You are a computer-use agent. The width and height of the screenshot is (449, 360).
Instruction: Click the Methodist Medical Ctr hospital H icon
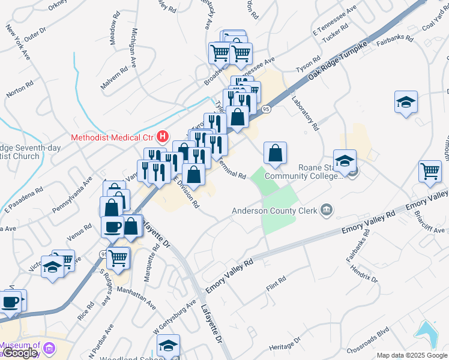click(161, 136)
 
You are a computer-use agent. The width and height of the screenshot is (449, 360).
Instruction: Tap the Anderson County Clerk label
click(276, 211)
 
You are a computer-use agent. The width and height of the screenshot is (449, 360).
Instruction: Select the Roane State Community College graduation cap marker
click(345, 162)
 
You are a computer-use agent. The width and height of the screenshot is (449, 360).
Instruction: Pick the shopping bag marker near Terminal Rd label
click(275, 154)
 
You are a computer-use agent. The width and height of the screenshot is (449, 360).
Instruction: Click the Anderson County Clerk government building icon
click(327, 209)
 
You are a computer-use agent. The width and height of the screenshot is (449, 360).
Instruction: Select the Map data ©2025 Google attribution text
click(412, 355)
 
